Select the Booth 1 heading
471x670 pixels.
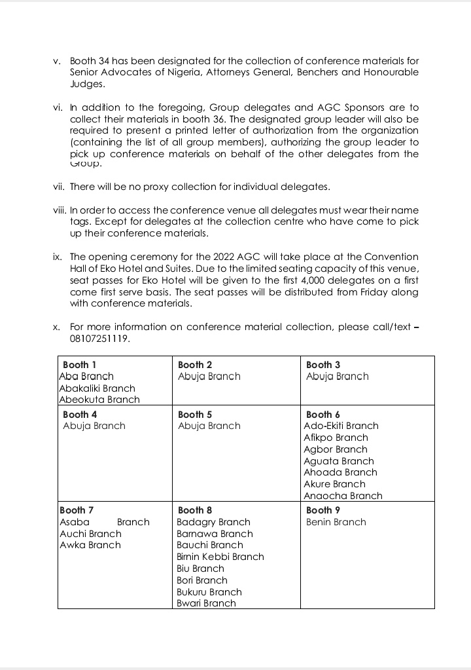pos(80,365)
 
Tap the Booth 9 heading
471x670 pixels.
pos(323,510)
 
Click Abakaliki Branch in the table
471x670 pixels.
pos(97,388)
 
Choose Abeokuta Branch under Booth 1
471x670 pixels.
pos(99,400)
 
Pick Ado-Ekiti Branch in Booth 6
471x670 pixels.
pos(341,426)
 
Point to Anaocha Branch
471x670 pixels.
pos(343,496)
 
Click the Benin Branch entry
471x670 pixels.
pos(336,522)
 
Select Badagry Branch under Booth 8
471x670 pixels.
pos(213,522)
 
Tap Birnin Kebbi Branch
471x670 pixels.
pos(220,557)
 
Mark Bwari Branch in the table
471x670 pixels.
pos(206,603)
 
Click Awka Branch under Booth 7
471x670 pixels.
pos(90,545)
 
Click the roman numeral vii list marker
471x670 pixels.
pos(58,187)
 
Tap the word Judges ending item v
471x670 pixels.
pos(86,84)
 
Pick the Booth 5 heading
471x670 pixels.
pos(195,415)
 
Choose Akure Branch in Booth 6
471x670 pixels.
pos(334,484)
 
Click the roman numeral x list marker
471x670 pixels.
pos(58,327)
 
